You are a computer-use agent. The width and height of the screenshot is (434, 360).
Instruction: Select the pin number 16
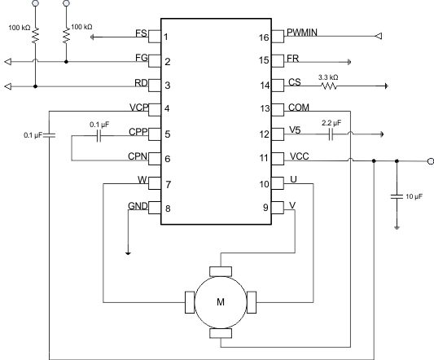264,37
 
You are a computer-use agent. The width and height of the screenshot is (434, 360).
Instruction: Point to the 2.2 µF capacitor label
332,123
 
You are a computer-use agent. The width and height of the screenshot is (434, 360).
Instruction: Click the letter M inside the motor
220,302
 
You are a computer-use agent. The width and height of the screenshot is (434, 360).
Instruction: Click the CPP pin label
138,133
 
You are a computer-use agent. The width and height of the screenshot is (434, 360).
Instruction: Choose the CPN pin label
138,157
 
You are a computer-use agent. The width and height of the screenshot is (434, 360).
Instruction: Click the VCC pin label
298,157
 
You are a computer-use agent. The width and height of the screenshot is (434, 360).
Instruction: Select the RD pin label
141,84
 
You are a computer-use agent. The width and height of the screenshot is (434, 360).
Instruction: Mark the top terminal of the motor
221,271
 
